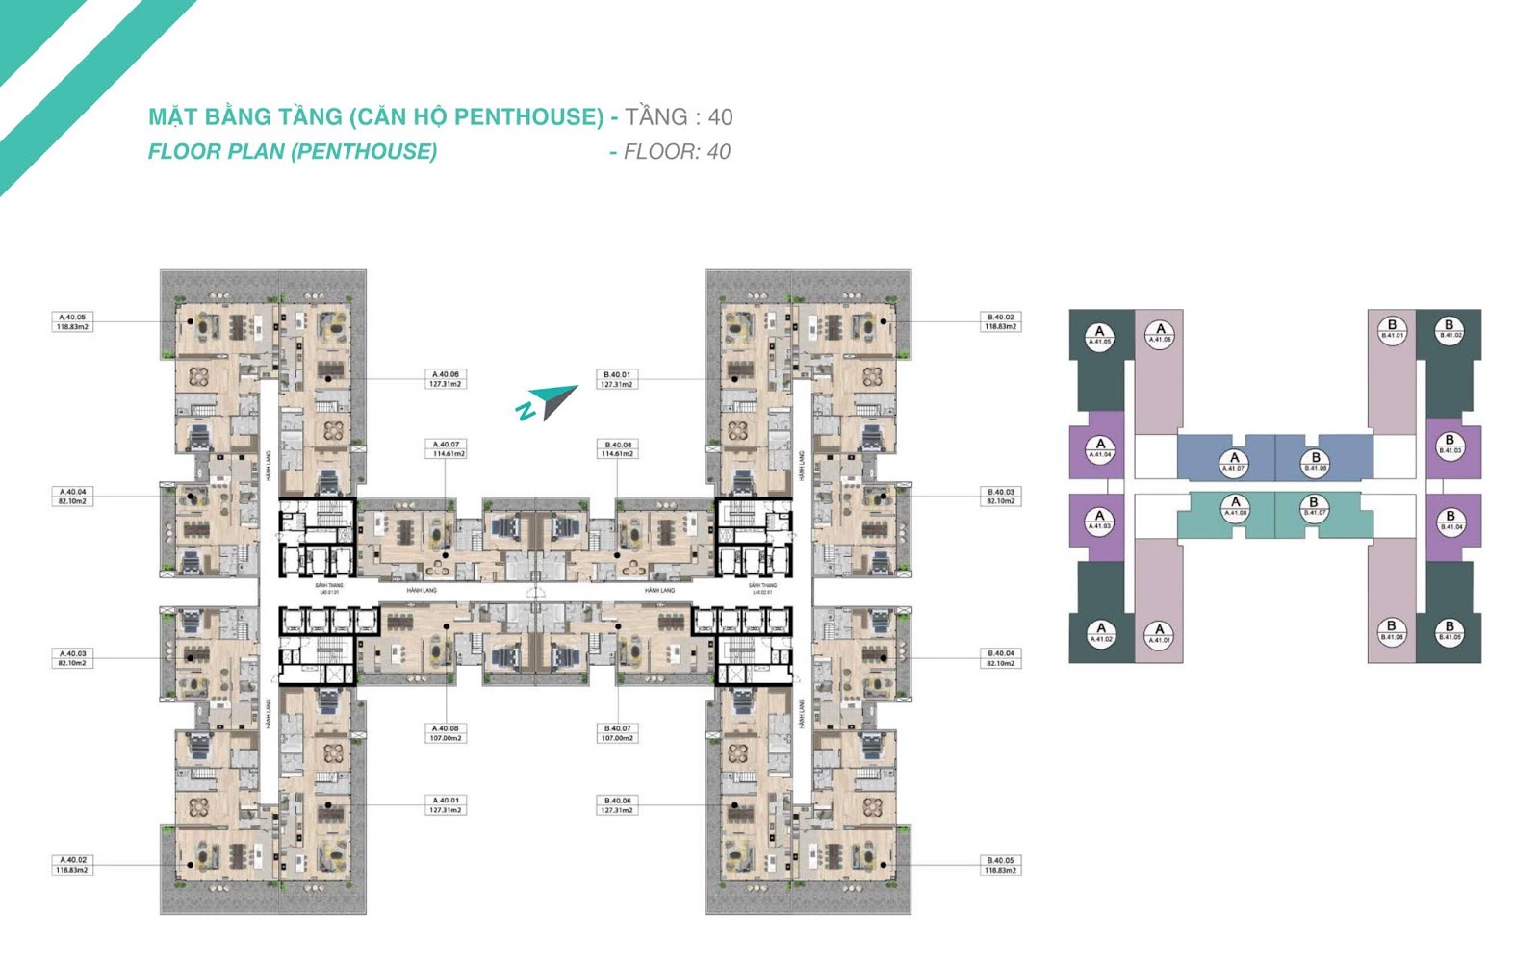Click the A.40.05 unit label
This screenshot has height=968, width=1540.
point(72,321)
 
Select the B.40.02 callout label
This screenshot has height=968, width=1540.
point(1001,321)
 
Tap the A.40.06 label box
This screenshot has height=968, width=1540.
point(446,379)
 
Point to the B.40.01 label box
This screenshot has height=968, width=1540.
point(617,379)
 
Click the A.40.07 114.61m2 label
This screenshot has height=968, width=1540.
point(446,449)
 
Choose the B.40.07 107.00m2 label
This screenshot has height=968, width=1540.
point(617,733)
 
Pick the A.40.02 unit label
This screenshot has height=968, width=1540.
point(73,865)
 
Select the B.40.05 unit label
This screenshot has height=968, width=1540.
point(1001,865)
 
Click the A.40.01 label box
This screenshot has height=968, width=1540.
point(446,805)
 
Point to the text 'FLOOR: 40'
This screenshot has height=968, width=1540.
point(677,152)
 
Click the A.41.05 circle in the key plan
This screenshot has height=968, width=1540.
point(1100,336)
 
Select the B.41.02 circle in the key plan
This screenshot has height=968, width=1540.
point(1450,330)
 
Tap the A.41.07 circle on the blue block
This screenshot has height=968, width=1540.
point(1234,463)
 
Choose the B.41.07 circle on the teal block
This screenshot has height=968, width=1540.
point(1315,507)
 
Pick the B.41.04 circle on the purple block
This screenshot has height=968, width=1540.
point(1450,522)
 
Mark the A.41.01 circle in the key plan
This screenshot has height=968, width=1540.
point(1160,634)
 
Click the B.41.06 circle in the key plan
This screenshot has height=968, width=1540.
point(1392,631)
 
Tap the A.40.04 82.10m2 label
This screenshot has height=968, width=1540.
point(72,497)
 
